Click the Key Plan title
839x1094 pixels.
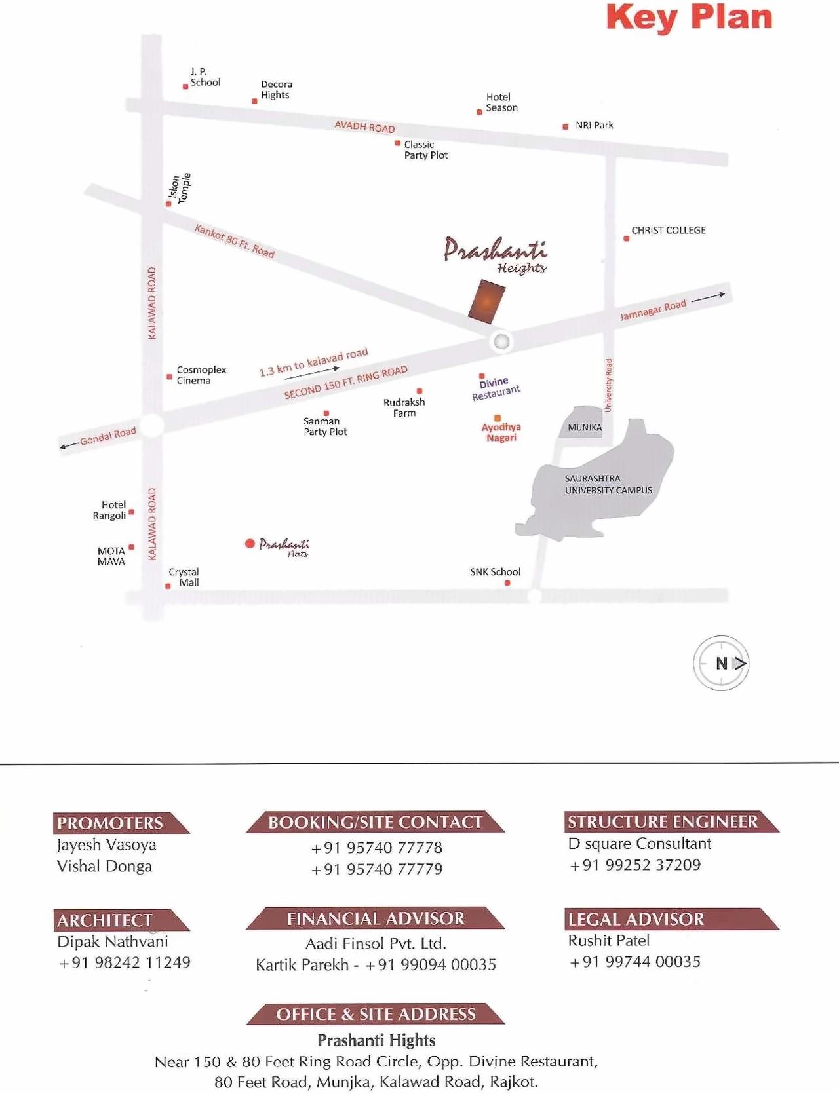pos(689,18)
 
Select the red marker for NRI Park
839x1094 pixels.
pos(565,126)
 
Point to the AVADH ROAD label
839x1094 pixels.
pos(364,126)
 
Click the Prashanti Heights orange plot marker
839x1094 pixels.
pos(487,301)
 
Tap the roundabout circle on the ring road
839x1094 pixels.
pos(501,341)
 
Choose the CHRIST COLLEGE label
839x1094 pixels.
pos(668,231)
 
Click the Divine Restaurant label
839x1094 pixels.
pos(496,388)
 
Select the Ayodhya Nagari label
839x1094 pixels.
pos(501,432)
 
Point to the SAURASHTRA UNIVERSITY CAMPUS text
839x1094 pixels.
pos(608,485)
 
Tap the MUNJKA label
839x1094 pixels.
pos(585,428)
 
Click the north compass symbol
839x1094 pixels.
pos(721,663)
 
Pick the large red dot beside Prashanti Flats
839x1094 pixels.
pos(250,544)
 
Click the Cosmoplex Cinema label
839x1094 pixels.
pos(201,375)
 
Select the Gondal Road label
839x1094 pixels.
pos(107,436)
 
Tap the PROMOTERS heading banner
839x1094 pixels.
pos(118,823)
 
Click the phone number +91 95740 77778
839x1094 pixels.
pos(377,848)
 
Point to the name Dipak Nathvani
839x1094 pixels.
pos(113,941)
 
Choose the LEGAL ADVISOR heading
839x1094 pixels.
pos(636,919)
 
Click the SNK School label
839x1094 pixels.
pos(495,572)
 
